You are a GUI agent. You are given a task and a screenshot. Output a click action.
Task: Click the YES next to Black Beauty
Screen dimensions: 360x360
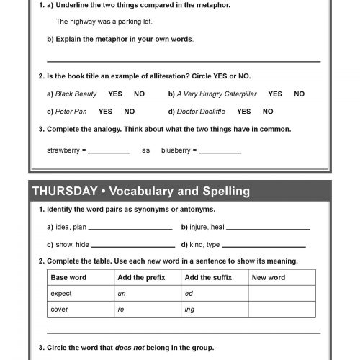click(115, 94)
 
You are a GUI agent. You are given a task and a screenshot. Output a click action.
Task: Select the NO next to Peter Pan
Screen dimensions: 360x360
click(130, 112)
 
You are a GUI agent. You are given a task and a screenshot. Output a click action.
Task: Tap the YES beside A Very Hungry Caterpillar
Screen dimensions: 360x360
click(275, 94)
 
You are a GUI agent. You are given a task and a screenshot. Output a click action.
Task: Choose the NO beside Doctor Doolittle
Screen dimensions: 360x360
click(268, 112)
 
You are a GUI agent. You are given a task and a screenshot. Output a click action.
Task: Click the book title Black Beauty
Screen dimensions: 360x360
click(76, 94)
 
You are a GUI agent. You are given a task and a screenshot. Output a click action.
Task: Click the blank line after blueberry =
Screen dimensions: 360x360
click(220, 151)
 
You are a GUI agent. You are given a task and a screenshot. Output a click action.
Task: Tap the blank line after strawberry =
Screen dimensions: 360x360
click(109, 151)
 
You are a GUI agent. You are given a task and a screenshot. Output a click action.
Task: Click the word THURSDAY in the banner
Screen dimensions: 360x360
click(65, 192)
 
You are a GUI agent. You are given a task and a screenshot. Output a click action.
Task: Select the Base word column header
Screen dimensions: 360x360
click(68, 277)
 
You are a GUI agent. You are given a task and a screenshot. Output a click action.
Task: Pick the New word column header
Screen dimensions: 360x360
click(269, 277)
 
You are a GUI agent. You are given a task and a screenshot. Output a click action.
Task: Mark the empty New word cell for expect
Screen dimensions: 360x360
click(282, 294)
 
